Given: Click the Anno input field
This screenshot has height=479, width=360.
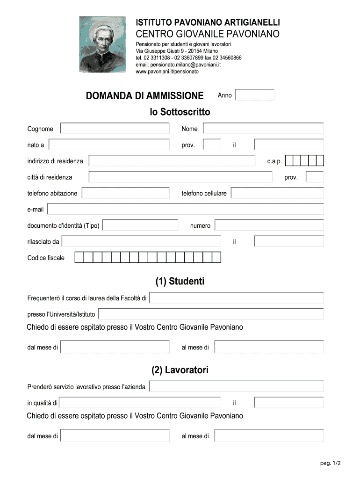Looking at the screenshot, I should (254, 95).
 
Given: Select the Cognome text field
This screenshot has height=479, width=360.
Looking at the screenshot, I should (115, 129).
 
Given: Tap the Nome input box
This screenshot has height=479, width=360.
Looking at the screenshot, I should (263, 129).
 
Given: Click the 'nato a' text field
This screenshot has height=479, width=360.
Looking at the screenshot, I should (109, 145).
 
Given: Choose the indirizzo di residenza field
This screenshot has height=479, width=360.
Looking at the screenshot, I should (172, 161).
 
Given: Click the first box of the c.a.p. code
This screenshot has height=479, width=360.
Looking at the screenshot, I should (289, 161).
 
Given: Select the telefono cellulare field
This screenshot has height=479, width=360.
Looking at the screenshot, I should (277, 193).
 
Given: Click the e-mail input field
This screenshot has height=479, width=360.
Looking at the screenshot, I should (186, 209).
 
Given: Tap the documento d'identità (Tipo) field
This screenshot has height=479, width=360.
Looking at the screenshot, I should (140, 225).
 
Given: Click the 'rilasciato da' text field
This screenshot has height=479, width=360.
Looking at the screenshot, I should (141, 241).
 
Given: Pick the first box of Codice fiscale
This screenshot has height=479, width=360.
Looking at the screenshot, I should (79, 258).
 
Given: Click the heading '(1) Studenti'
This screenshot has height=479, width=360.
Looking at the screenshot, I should (180, 282).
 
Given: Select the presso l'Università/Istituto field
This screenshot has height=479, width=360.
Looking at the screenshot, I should (211, 314).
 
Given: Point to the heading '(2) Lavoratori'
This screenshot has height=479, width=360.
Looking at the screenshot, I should (180, 370).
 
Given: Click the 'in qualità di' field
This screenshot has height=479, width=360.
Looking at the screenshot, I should (140, 402).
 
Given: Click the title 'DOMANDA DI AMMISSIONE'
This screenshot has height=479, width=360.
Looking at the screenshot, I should (144, 96).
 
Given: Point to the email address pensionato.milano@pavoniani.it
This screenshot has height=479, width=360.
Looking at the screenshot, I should (178, 65).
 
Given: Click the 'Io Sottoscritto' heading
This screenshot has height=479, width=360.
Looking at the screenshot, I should (180, 112).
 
